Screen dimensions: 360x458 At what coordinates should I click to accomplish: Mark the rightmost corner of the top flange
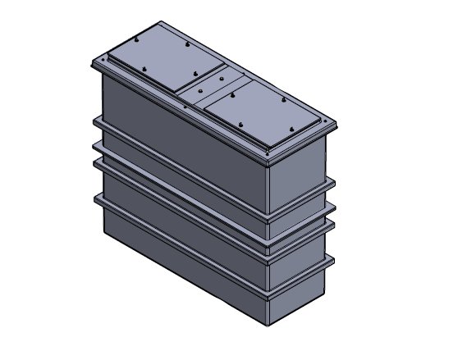coord(337,125)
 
